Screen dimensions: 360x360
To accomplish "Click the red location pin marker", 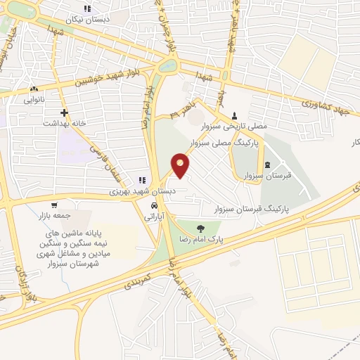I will (181, 165).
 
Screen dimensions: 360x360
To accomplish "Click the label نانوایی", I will (34, 101).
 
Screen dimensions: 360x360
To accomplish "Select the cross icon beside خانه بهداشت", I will (64, 112).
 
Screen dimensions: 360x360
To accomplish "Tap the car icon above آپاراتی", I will (153, 206).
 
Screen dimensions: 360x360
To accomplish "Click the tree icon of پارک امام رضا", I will (201, 228).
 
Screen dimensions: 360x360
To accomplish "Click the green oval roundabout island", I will (168, 66).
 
